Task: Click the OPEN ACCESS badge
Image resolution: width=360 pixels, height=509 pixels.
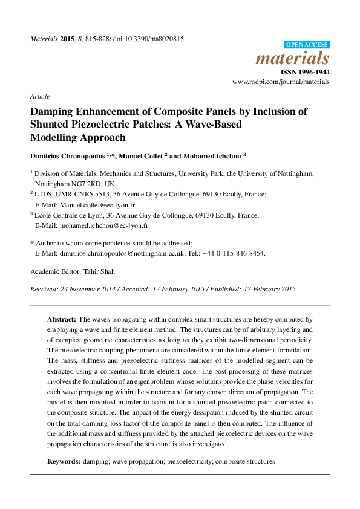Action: (307, 44)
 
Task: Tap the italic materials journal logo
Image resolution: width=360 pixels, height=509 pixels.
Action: (293, 59)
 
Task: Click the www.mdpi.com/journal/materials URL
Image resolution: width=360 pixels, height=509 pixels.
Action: (281, 82)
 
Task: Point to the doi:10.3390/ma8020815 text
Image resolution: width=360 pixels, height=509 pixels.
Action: (148, 39)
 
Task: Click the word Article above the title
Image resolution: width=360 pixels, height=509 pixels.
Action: (39, 96)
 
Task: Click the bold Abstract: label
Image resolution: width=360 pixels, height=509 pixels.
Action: (62, 319)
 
